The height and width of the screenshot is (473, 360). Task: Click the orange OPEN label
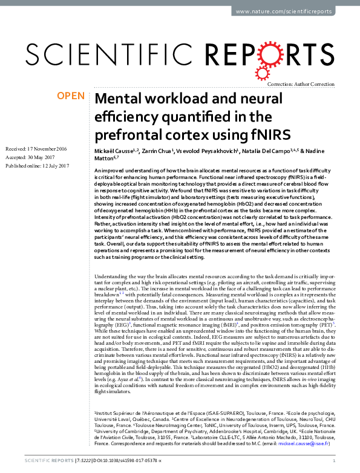[x=70, y=96]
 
